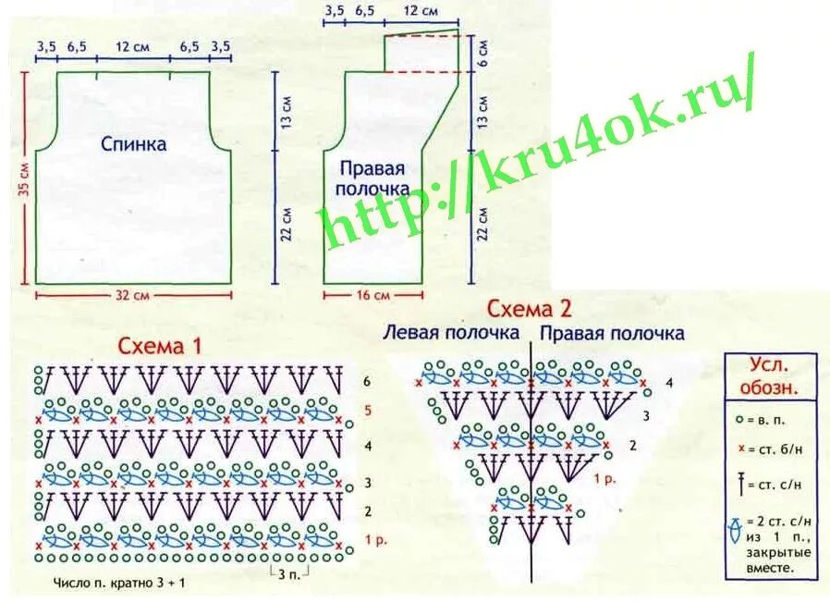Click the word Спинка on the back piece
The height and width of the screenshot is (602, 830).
click(134, 144)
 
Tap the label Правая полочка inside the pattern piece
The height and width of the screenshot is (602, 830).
click(372, 178)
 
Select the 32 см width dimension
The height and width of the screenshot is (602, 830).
click(133, 296)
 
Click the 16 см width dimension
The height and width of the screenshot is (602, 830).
click(372, 295)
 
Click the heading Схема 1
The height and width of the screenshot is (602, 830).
click(159, 346)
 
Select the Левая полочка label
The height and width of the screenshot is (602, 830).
click(451, 333)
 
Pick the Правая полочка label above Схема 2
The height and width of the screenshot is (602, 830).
click(612, 333)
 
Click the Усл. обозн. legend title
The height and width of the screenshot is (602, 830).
click(771, 375)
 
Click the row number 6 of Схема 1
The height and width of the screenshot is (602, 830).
click(367, 381)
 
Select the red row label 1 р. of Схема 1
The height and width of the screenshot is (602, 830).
click(372, 539)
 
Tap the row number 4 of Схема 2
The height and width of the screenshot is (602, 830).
click(669, 382)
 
